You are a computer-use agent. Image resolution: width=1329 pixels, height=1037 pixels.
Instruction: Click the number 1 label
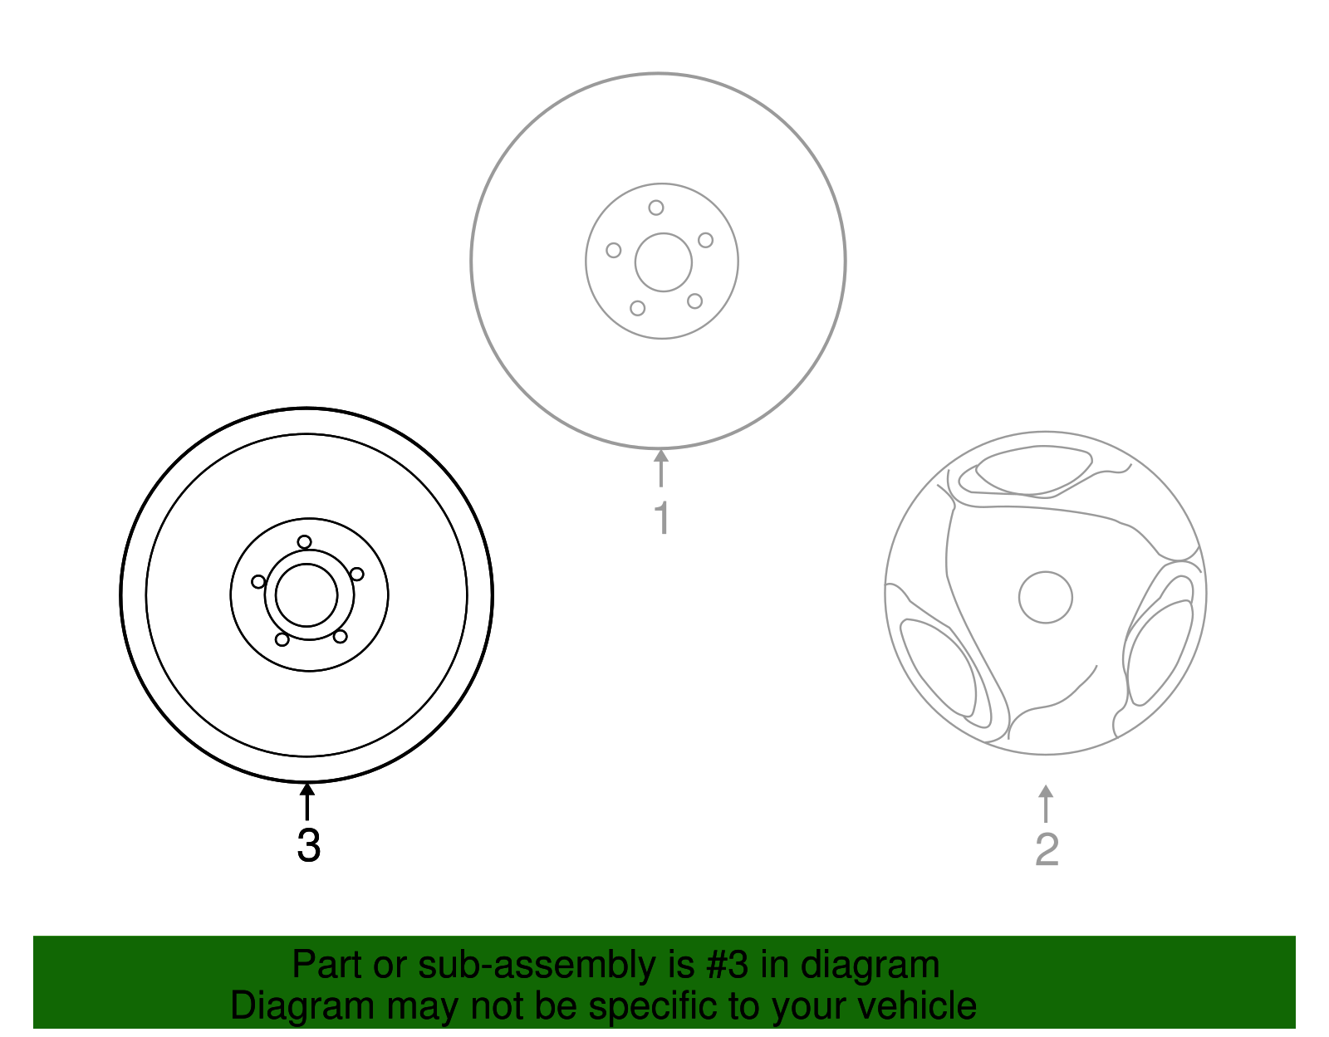(x=661, y=518)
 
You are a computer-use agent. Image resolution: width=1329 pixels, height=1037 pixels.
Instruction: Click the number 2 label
(x=1047, y=849)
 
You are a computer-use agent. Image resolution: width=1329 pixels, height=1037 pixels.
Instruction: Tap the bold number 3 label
(x=308, y=846)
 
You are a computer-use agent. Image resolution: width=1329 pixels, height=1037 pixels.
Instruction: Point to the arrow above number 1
(x=661, y=467)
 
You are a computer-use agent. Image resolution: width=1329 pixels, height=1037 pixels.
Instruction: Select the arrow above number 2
(x=1046, y=803)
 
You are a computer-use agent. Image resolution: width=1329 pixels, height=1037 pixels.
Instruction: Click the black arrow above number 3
(x=307, y=800)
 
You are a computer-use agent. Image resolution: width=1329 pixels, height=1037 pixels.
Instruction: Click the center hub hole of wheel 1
(x=663, y=262)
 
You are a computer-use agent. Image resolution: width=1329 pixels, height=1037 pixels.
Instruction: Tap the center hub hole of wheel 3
(x=307, y=595)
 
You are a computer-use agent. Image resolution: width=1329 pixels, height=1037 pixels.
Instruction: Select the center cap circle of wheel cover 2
(x=1046, y=597)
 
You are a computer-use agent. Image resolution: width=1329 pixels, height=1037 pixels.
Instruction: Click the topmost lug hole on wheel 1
(x=656, y=208)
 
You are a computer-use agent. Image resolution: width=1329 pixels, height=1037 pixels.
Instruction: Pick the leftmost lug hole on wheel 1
(x=614, y=250)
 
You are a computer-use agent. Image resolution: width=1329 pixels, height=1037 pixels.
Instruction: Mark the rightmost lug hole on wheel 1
(x=705, y=240)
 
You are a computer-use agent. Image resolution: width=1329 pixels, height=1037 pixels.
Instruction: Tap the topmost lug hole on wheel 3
(x=305, y=542)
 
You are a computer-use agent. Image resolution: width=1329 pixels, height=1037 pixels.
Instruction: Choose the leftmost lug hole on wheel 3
(x=258, y=581)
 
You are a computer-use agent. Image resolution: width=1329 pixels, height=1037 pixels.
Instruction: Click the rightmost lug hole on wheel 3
(x=356, y=574)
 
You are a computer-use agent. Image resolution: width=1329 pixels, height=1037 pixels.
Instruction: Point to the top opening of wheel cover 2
(x=1032, y=470)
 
